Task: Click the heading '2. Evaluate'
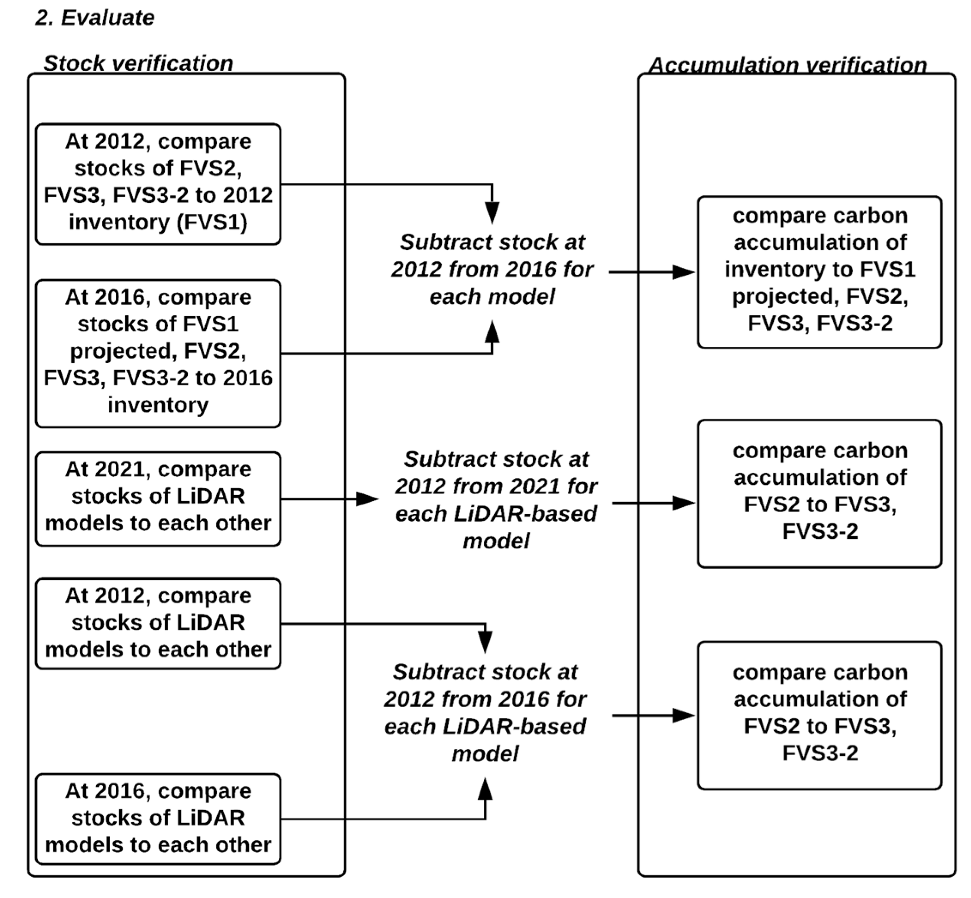(95, 18)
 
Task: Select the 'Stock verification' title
(138, 63)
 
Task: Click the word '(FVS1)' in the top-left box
(212, 222)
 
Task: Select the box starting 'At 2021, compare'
(158, 499)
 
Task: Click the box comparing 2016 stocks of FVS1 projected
(158, 353)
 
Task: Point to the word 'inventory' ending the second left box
(158, 404)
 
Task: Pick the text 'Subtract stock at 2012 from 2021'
(496, 472)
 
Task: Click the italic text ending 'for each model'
(492, 269)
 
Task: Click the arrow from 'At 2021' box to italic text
(328, 499)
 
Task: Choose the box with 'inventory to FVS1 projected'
(819, 272)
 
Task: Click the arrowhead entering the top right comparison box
(683, 272)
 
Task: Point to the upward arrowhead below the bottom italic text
(485, 789)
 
